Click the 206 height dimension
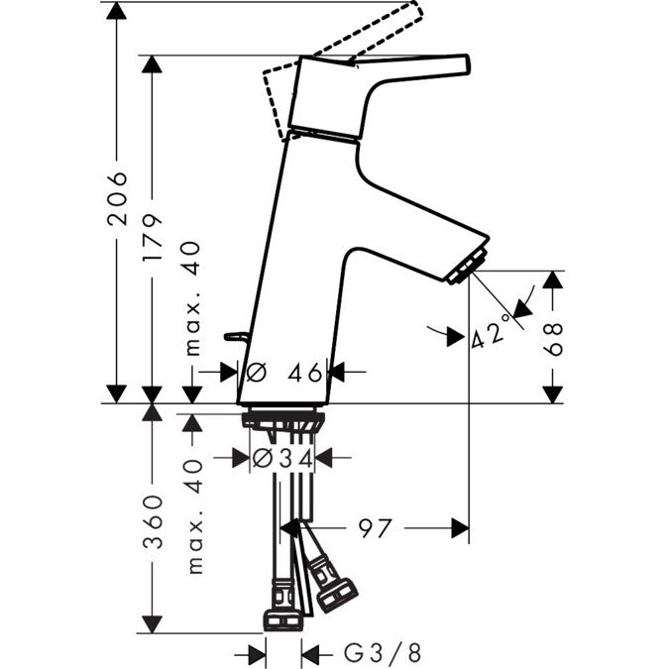(117, 198)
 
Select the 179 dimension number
(153, 237)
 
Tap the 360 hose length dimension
(153, 521)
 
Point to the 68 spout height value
(553, 339)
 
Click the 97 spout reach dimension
(375, 528)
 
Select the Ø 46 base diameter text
(284, 373)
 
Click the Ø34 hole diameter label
(282, 458)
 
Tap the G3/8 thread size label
(383, 653)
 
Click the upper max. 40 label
(192, 298)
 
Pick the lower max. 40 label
(194, 515)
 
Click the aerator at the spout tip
(468, 267)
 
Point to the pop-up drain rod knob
(236, 336)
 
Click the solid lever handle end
(465, 64)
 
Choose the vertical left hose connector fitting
(283, 605)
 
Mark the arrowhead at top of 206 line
(117, 10)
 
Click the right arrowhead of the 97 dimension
(460, 528)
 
